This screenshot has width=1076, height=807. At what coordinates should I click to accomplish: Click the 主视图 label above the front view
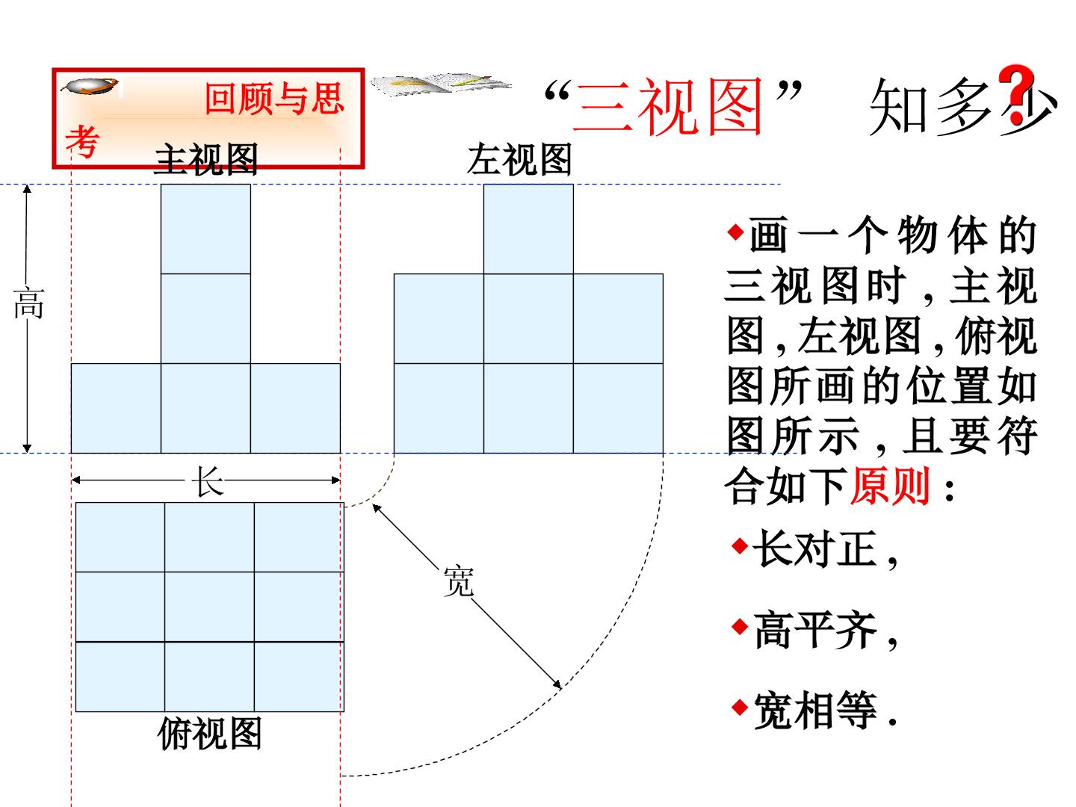tap(206, 159)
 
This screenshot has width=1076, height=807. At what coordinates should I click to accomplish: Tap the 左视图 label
tap(519, 159)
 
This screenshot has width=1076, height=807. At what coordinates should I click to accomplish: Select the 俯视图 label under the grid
tap(209, 733)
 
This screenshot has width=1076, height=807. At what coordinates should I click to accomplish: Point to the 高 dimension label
tap(29, 304)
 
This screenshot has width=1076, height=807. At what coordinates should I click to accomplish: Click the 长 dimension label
tap(208, 480)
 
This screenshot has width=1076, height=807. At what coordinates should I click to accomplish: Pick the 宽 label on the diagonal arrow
tap(458, 581)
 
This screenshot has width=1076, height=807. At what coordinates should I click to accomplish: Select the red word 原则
tap(890, 486)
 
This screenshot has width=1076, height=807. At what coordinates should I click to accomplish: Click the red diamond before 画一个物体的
tap(736, 232)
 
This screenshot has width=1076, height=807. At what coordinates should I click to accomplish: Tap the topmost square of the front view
tap(205, 229)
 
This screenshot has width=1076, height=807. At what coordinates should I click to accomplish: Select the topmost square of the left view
tap(528, 229)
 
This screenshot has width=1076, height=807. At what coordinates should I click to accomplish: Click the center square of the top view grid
tap(209, 607)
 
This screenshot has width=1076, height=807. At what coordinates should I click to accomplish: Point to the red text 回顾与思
tap(274, 99)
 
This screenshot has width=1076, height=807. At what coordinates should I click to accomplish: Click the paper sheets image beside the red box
tap(441, 84)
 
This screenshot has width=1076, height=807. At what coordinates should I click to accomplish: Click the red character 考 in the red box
tap(82, 141)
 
